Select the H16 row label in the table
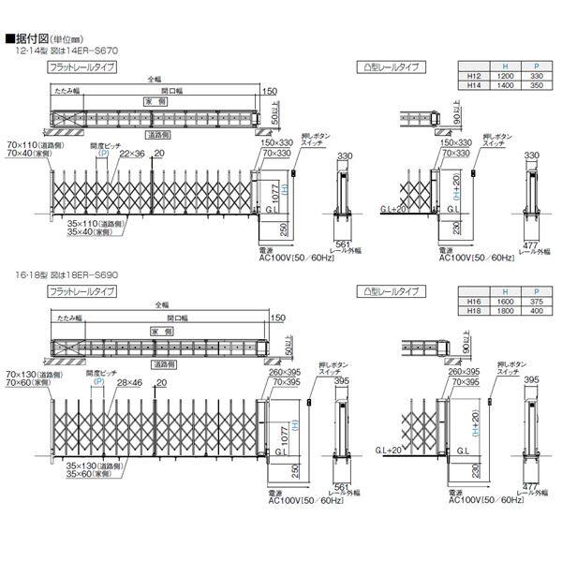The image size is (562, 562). tap(474, 301)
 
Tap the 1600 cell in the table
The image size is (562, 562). tap(507, 301)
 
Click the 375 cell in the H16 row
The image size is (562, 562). tap(536, 301)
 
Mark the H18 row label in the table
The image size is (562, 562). tap(474, 311)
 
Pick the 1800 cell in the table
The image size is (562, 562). tap(507, 311)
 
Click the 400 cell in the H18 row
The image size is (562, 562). tap(536, 311)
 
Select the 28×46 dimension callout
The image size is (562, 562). tap(132, 382)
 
